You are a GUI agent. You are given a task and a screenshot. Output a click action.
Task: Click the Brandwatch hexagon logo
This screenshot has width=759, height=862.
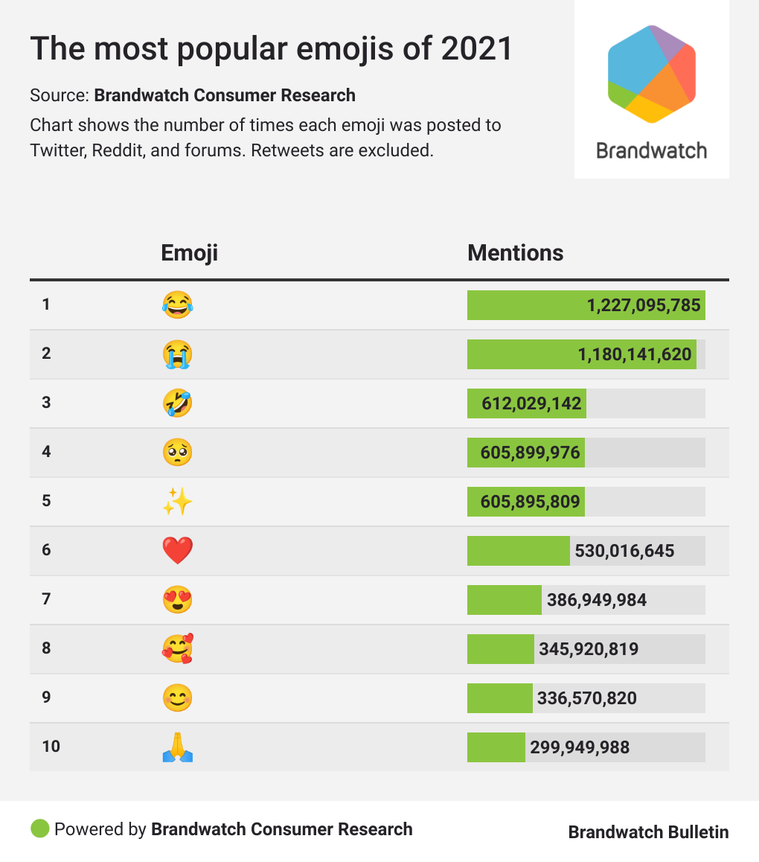(x=652, y=74)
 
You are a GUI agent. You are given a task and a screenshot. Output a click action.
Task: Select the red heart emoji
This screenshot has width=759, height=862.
(x=177, y=551)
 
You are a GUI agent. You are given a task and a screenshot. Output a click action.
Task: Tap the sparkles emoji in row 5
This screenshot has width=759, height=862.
(x=177, y=502)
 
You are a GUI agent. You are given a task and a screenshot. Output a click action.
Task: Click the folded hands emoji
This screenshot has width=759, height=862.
(x=177, y=747)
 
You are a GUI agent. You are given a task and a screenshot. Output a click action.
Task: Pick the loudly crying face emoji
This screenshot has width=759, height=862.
(x=177, y=354)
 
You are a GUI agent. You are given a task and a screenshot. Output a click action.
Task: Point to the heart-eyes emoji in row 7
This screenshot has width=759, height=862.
(x=177, y=600)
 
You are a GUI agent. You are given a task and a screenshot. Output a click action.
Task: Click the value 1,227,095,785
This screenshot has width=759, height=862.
(x=644, y=305)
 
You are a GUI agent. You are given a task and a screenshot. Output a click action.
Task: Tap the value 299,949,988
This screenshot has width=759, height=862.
(x=580, y=747)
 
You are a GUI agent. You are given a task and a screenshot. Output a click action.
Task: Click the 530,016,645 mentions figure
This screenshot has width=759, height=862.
(x=624, y=551)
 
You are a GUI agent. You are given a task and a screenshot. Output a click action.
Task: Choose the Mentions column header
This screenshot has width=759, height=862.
(x=515, y=253)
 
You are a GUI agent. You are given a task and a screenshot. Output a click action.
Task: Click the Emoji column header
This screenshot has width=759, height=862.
(x=189, y=253)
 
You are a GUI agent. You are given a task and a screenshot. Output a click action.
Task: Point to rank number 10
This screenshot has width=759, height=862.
(x=51, y=746)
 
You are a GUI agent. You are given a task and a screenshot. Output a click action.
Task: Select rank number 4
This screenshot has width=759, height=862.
(x=46, y=451)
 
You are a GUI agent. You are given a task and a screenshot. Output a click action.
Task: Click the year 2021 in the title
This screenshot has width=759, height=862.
(x=477, y=48)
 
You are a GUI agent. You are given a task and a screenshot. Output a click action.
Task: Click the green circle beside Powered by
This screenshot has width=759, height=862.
(x=40, y=829)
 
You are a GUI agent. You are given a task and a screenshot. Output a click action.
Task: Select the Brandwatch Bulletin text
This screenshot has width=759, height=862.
(x=648, y=831)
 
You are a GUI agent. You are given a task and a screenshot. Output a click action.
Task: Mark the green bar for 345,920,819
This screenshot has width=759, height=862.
(x=500, y=649)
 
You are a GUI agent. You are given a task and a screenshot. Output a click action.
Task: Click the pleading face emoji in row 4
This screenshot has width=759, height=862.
(x=177, y=453)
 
